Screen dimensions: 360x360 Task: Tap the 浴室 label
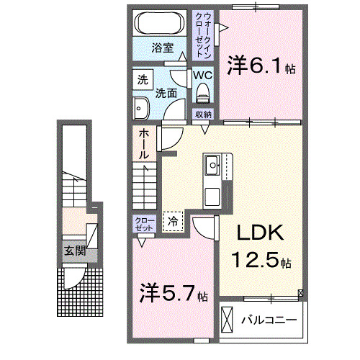pyautogui.click(x=162, y=48)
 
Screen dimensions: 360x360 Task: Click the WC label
pyautogui.click(x=202, y=75)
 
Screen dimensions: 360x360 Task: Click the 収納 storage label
pyautogui.click(x=202, y=114)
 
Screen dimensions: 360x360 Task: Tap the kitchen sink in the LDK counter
pyautogui.click(x=214, y=166)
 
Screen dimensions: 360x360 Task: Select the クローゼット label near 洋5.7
pyautogui.click(x=143, y=223)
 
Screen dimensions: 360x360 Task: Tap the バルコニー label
pyautogui.click(x=268, y=318)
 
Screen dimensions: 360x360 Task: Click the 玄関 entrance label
pyautogui.click(x=73, y=251)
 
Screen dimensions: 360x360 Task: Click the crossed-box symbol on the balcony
pyautogui.click(x=228, y=318)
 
